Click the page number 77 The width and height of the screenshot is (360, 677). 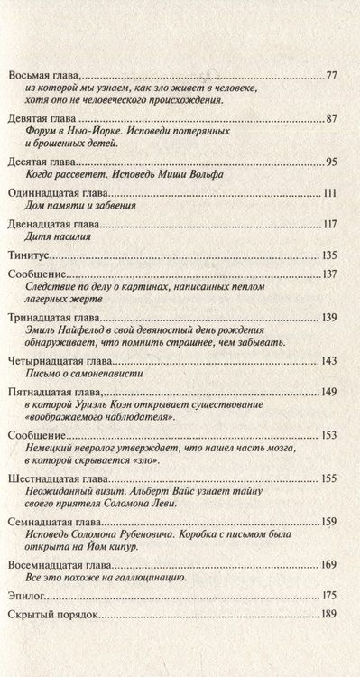pos(330,75)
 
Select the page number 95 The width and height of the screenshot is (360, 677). pos(330,162)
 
